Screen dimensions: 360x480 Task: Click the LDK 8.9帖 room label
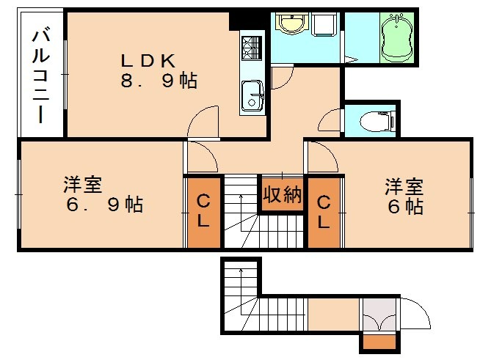tap(159, 70)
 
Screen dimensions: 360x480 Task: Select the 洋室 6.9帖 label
tap(102, 194)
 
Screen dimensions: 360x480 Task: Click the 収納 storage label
tap(283, 194)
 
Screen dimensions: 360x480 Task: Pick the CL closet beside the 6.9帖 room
tap(203, 211)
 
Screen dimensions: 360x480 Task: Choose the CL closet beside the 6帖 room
tap(324, 211)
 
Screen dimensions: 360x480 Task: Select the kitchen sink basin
tap(252, 95)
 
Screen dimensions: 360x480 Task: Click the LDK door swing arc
tap(203, 120)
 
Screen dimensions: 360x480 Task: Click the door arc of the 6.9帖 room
tap(200, 155)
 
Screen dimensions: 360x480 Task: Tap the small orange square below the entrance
tap(379, 341)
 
